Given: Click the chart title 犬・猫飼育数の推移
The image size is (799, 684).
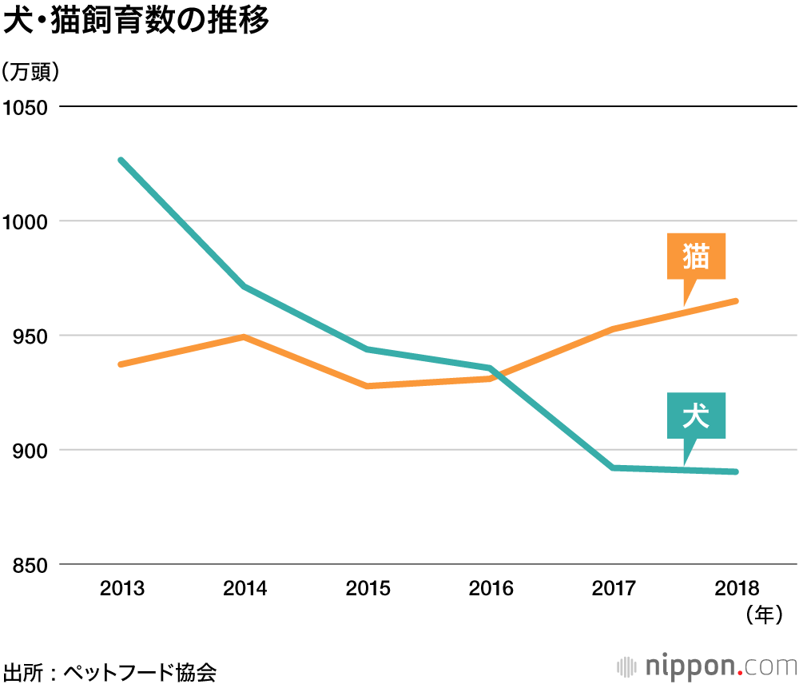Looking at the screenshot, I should pyautogui.click(x=136, y=22).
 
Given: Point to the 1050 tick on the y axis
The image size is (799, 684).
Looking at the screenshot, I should pyautogui.click(x=26, y=106).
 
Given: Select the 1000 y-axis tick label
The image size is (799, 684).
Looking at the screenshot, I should pyautogui.click(x=26, y=221).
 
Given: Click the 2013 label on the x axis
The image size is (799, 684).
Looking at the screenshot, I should pyautogui.click(x=121, y=590).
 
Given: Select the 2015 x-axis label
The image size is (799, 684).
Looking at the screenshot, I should pyautogui.click(x=368, y=590).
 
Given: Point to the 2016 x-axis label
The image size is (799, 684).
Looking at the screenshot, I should pyautogui.click(x=491, y=590).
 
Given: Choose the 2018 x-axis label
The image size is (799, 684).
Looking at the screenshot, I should pyautogui.click(x=737, y=590).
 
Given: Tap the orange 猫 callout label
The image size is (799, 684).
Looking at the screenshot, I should pyautogui.click(x=696, y=256).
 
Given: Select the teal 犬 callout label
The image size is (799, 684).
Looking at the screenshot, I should pyautogui.click(x=696, y=416).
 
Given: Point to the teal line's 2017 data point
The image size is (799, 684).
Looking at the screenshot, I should pyautogui.click(x=613, y=467).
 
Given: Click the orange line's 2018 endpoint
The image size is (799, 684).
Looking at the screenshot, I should pyautogui.click(x=735, y=301).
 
